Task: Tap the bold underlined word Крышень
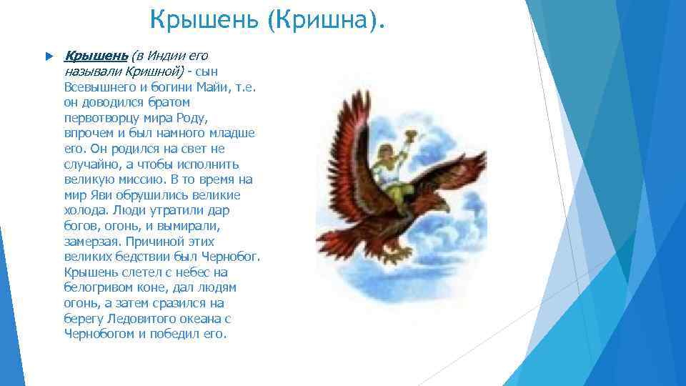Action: point(96,56)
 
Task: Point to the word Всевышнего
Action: point(98,86)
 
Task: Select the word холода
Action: point(84,211)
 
